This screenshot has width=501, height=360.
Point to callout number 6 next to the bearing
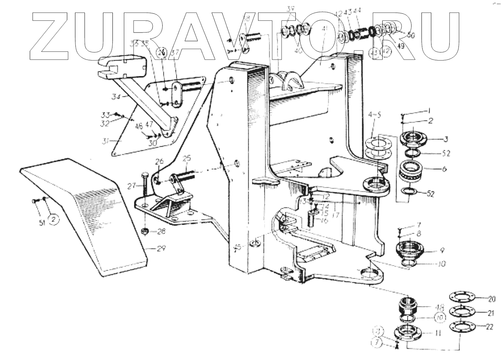click(444, 169)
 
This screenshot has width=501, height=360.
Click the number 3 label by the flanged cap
click(446, 139)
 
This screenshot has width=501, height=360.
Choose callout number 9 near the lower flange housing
click(442, 251)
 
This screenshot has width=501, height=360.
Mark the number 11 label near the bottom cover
click(438, 333)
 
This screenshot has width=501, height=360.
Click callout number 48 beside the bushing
click(439, 306)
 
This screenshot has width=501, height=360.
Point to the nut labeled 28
click(145, 232)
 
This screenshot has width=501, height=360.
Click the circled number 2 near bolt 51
click(53, 219)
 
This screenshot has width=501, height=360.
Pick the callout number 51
click(42, 222)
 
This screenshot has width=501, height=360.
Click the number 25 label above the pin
click(187, 159)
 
